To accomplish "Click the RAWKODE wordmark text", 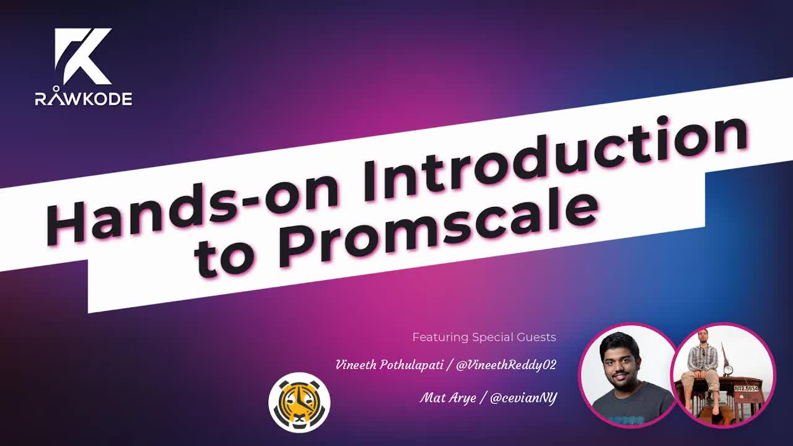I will click(83, 98).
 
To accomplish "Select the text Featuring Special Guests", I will click(484, 338).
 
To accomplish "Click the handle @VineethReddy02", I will click(506, 365).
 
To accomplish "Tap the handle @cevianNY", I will click(523, 398).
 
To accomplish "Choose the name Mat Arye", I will click(447, 398).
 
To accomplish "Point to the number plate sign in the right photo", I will click(747, 388).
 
